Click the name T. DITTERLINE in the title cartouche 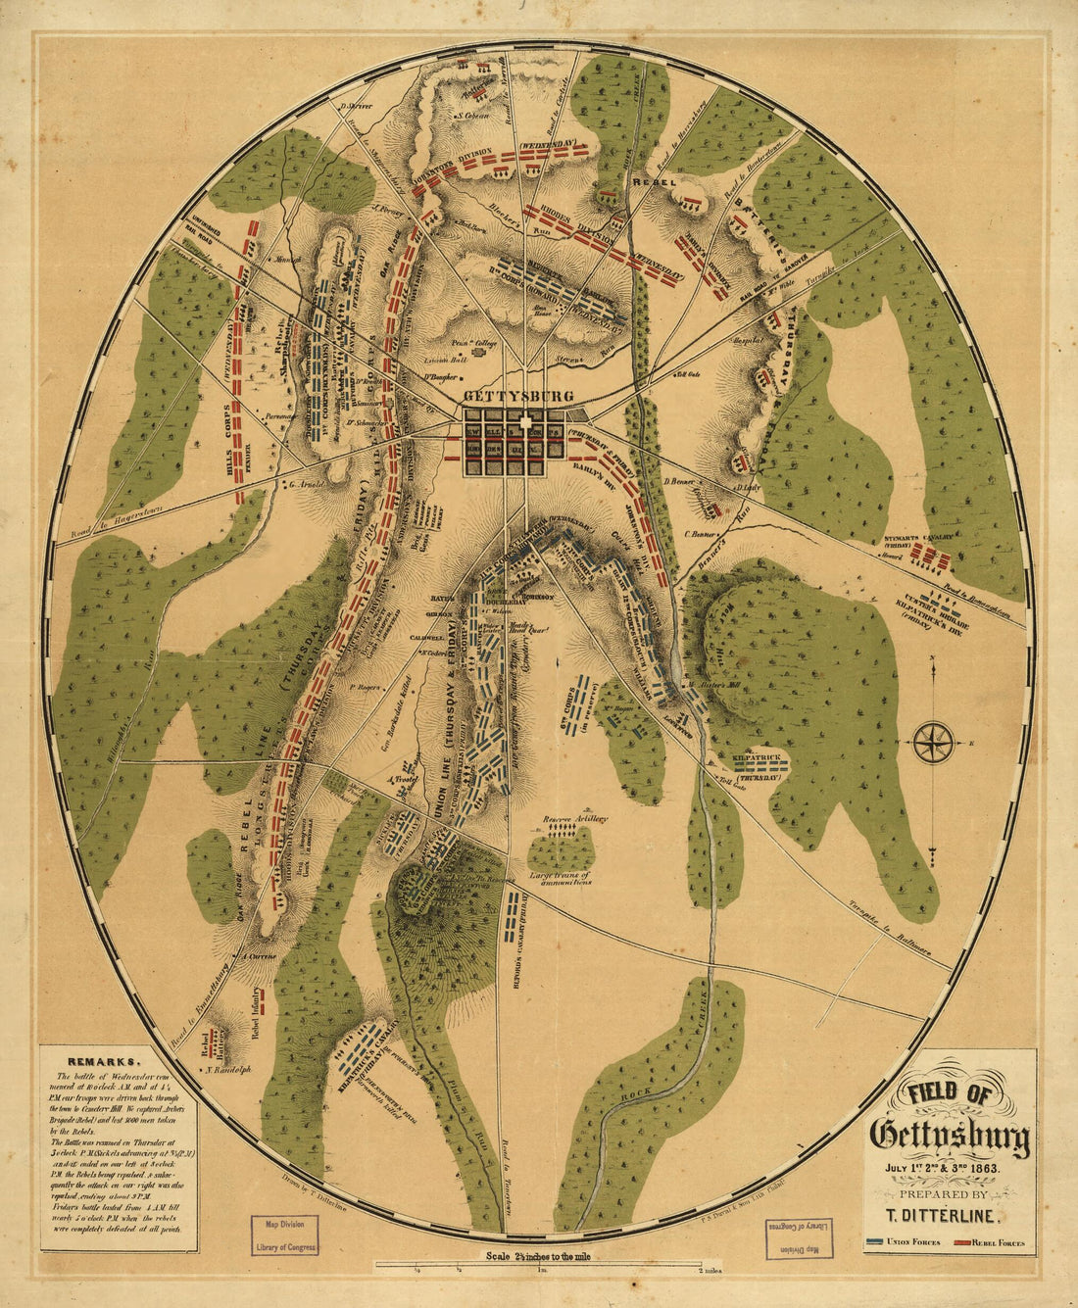coord(949,1216)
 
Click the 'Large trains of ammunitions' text coord(560,878)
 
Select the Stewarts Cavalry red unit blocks coord(931,559)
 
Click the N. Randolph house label coord(228,1070)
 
